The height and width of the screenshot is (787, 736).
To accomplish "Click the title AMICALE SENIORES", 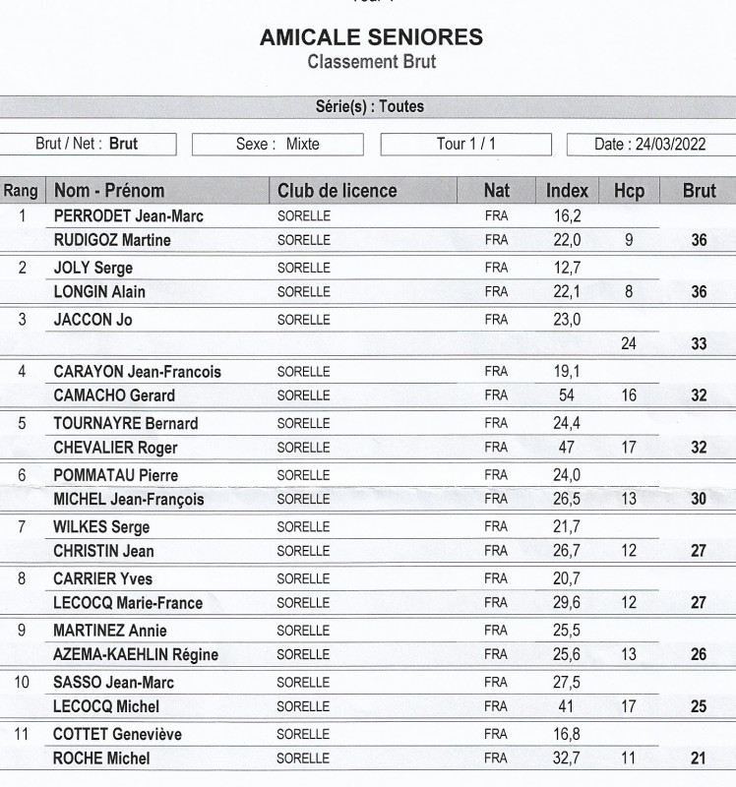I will point(371,38).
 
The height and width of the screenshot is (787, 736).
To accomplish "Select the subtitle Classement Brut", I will point(371,62).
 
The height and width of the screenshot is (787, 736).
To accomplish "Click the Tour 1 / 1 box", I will point(465,145).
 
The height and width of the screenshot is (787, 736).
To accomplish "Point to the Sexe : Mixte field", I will point(277,145).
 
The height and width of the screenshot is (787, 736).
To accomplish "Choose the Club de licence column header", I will point(337,191).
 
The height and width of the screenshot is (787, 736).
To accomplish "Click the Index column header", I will point(567,191).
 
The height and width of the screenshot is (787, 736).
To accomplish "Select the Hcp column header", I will point(629,191).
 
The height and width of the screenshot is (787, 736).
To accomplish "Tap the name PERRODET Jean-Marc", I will point(128,215).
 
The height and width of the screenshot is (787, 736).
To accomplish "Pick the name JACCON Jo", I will point(92,320).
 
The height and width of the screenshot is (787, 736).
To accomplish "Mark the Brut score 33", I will point(699,344).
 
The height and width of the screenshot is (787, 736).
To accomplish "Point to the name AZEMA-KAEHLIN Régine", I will point(136,655).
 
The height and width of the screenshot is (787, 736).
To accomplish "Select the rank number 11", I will point(23,734).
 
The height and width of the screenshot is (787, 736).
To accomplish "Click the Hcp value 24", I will point(629,344).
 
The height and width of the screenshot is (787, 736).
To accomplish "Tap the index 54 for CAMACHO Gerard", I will point(567,395).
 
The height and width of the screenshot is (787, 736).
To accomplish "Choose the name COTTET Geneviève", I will point(117,734).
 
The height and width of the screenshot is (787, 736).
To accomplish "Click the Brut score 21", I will point(699,758).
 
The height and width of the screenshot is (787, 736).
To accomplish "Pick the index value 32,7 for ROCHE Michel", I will point(567,758).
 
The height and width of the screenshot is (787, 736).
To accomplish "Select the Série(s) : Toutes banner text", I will point(369,106).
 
